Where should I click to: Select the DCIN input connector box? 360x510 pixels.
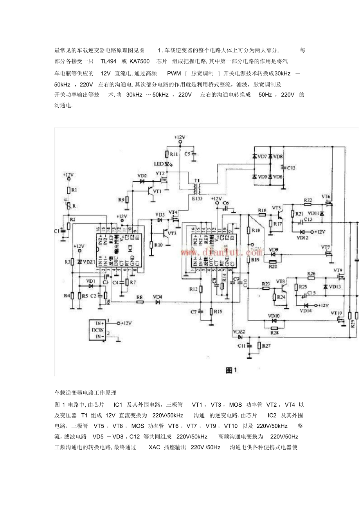click(x=97, y=330)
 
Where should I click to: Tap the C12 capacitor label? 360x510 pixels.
click(x=291, y=168)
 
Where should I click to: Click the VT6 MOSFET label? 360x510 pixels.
click(x=326, y=196)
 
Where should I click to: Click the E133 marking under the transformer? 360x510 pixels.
click(x=197, y=198)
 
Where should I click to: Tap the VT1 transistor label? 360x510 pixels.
click(x=157, y=191)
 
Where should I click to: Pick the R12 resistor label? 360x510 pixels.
click(x=193, y=289)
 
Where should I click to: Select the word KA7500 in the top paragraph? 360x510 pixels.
click(x=140, y=61)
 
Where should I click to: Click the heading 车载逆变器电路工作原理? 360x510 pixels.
click(x=83, y=392)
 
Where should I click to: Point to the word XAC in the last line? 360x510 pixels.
click(x=155, y=447)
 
